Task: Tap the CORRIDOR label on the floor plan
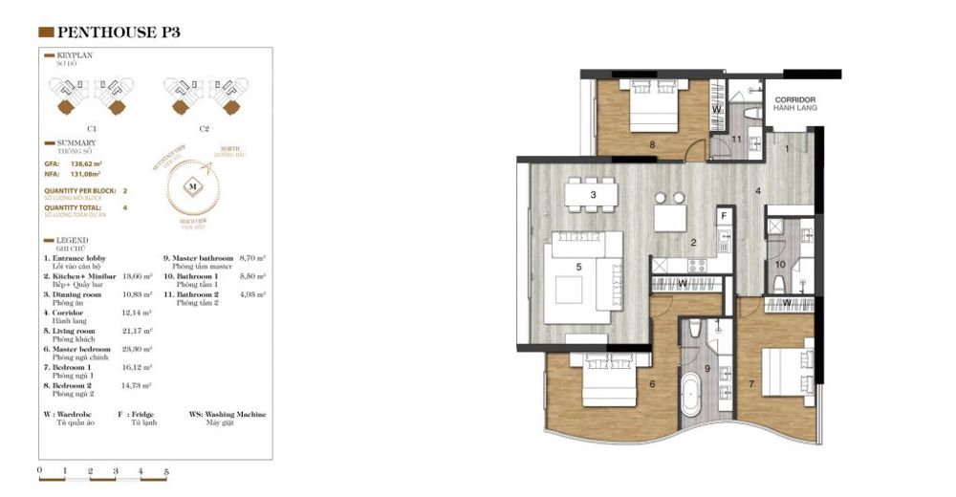[x=794, y=99]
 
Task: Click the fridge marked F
[x=724, y=217]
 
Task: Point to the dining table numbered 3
[x=593, y=196]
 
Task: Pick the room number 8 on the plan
[x=652, y=145]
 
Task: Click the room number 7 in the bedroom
[x=752, y=383]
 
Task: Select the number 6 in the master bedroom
[x=652, y=384]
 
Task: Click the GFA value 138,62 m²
[x=89, y=163]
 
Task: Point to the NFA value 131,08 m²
[x=89, y=174]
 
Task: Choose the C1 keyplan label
[x=92, y=127]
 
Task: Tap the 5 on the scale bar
[x=165, y=471]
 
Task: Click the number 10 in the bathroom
[x=780, y=265]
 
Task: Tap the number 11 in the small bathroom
[x=736, y=140]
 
